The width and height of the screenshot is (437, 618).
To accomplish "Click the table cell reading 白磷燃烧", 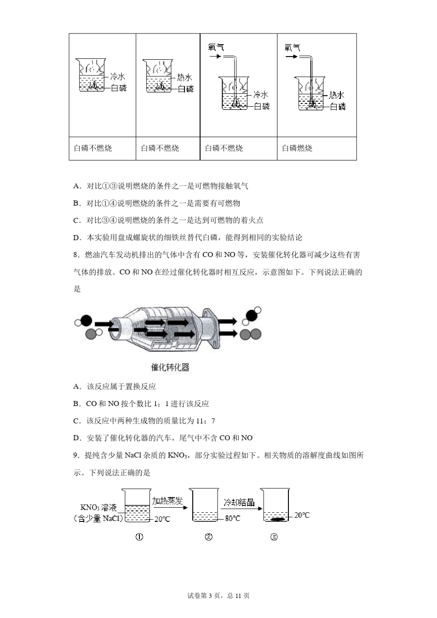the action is tap(297, 148).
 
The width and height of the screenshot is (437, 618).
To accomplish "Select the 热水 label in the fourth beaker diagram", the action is tap(336, 95).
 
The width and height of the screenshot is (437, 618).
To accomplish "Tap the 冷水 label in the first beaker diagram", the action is tap(118, 77).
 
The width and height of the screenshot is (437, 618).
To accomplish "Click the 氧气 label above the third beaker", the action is tap(216, 47).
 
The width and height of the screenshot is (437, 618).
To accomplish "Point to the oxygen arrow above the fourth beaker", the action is tap(291, 57).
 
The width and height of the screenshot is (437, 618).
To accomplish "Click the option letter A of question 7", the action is tap(76, 186).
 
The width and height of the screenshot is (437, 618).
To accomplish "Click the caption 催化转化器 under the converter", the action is tap(170, 367).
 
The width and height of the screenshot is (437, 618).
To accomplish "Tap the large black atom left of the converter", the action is tap(86, 320).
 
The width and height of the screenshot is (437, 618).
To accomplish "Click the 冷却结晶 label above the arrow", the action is tap(239, 502).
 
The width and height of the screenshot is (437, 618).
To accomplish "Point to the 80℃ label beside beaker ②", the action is tap(232, 518).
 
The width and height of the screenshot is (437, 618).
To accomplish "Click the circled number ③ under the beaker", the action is tap(274, 537).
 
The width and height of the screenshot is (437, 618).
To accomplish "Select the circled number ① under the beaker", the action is tap(139, 537).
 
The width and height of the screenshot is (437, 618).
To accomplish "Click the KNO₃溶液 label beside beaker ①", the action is tap(98, 508).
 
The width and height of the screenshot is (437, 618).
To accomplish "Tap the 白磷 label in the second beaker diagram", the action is tap(186, 89).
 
